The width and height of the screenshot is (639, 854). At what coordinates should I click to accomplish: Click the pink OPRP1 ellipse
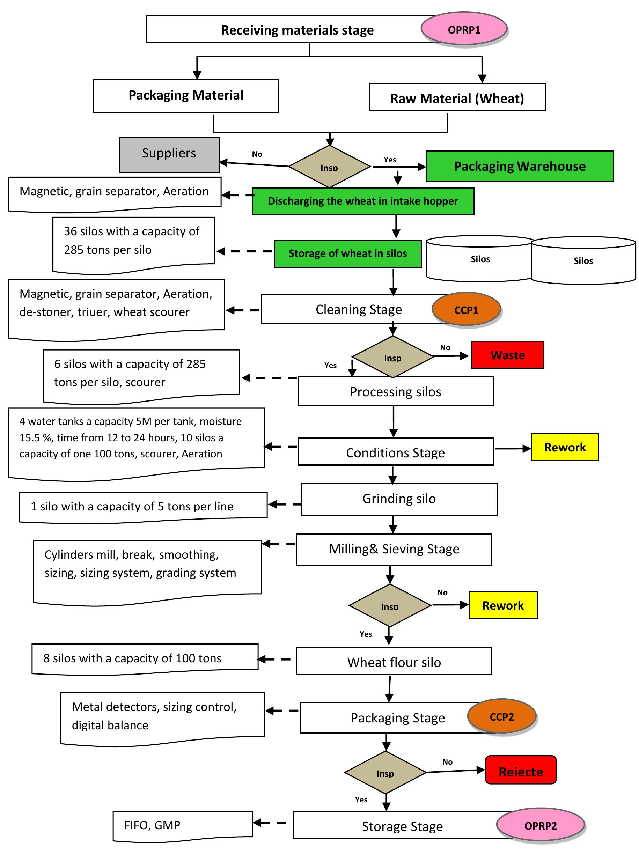coord(463,29)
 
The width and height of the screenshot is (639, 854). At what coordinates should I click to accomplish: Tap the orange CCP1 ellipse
coord(466,310)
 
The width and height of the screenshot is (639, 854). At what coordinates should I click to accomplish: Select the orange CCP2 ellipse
coord(501,716)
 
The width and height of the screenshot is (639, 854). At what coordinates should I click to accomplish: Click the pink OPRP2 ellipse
coord(540,825)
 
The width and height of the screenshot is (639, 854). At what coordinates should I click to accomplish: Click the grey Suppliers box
coord(169,154)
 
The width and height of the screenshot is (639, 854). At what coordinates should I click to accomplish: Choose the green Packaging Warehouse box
coord(519,166)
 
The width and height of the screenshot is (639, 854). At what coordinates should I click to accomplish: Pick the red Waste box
coord(507,354)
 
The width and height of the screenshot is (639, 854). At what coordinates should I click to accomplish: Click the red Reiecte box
coord(521,771)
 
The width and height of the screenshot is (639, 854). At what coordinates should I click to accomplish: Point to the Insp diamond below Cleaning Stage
coord(392,356)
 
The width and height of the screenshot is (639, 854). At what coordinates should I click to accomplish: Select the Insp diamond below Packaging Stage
coord(385,772)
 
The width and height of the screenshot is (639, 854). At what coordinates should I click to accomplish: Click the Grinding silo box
coord(399,499)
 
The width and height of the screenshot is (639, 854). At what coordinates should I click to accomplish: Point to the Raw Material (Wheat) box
coord(457,97)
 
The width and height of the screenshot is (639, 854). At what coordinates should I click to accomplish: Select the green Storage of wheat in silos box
coord(347,253)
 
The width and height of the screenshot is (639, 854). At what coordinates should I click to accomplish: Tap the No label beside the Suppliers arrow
coord(257,154)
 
